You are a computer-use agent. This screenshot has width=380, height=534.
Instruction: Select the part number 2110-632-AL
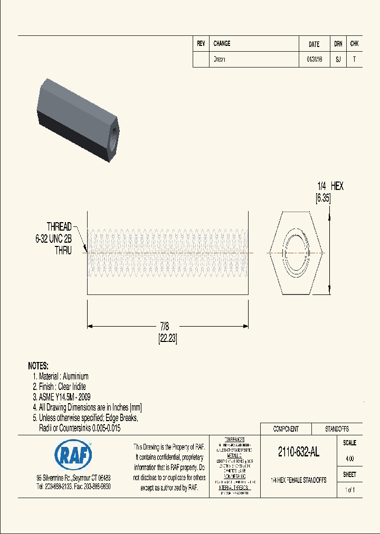click(299, 452)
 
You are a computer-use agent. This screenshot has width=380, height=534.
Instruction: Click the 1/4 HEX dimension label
click(330, 186)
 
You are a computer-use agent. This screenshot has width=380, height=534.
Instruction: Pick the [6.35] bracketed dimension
click(322, 198)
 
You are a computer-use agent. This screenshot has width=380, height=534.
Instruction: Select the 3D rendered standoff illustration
click(79, 120)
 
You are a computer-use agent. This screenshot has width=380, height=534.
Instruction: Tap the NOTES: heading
click(38, 366)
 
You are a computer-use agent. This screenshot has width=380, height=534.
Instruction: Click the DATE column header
click(314, 44)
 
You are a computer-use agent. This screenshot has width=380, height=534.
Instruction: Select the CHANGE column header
click(222, 44)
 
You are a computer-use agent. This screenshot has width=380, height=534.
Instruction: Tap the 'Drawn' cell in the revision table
click(219, 60)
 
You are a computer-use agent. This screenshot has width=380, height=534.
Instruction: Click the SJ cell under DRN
click(338, 60)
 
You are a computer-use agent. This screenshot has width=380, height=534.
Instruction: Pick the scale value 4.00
click(349, 459)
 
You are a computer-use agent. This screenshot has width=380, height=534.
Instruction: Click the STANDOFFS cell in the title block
click(337, 429)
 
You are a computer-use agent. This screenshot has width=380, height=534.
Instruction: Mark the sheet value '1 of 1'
click(349, 490)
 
